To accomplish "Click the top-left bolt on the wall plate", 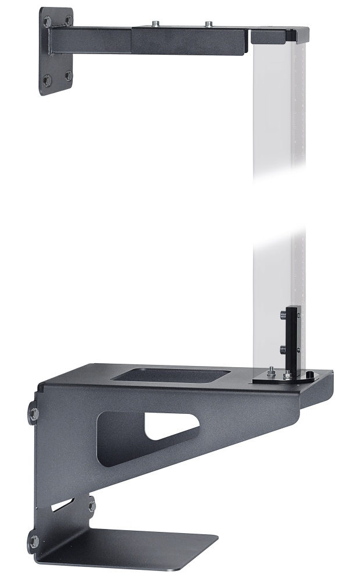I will click(x=47, y=22).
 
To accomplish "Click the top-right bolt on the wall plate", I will click(x=69, y=20).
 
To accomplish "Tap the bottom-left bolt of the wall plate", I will click(x=47, y=79).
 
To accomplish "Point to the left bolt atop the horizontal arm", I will click(x=155, y=23).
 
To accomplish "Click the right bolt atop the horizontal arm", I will click(x=208, y=24).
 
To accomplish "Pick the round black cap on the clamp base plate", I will click(x=309, y=375).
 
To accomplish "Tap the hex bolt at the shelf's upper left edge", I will click(x=34, y=414).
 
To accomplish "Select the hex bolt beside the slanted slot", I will click(x=91, y=504).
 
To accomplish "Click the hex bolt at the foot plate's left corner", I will click(x=34, y=542).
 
